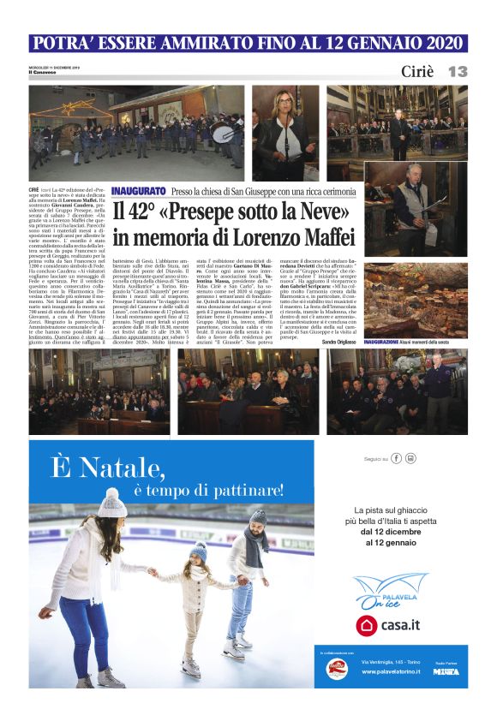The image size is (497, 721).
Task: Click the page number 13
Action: pos(458,72)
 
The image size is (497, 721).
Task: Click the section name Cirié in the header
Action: pos(417,72)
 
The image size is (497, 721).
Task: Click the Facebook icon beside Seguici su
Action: pos(397,458)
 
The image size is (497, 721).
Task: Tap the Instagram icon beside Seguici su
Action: pos(411,458)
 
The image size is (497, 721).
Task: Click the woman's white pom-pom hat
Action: pos(111,502)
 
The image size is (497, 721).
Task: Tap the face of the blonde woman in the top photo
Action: pos(283,106)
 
